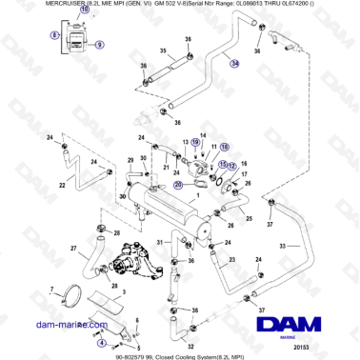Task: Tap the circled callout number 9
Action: [x=100, y=44]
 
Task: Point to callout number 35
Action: [x=162, y=50]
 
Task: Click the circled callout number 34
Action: [x=234, y=63]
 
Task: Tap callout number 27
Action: [x=72, y=250]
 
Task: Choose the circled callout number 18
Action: [x=225, y=148]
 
